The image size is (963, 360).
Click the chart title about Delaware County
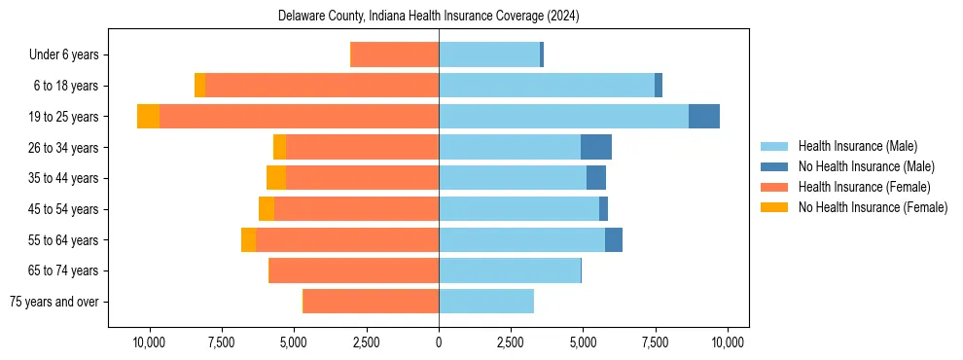click(428, 17)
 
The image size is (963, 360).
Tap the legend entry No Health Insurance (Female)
click(873, 207)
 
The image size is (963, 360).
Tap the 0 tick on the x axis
click(439, 342)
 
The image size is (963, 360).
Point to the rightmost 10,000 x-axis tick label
click(728, 342)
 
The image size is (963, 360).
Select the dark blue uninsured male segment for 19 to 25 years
click(704, 117)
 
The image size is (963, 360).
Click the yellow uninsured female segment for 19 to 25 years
click(148, 117)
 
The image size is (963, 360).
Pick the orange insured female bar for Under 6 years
click(394, 55)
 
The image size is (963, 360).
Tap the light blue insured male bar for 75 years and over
click(486, 302)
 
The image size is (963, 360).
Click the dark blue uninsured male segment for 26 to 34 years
click(596, 147)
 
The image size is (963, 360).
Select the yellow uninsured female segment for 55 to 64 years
click(248, 240)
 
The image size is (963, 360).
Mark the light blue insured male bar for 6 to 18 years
click(547, 86)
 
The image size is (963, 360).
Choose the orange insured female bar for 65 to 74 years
click(353, 270)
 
